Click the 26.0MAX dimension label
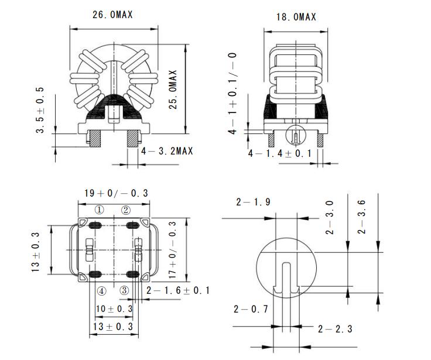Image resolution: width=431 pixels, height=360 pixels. coord(112,15)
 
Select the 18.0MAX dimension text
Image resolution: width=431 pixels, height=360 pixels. coord(296,17)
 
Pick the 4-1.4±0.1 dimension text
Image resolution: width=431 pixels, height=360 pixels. coord(279,154)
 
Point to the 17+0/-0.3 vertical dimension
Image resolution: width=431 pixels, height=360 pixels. coord(173,248)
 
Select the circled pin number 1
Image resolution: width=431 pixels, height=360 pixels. coord(100,210)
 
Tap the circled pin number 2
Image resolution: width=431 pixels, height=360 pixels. coord(125,210)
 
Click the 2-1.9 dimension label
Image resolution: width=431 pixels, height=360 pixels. coord(253,202)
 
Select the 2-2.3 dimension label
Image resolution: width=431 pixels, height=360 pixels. coord(335,328)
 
